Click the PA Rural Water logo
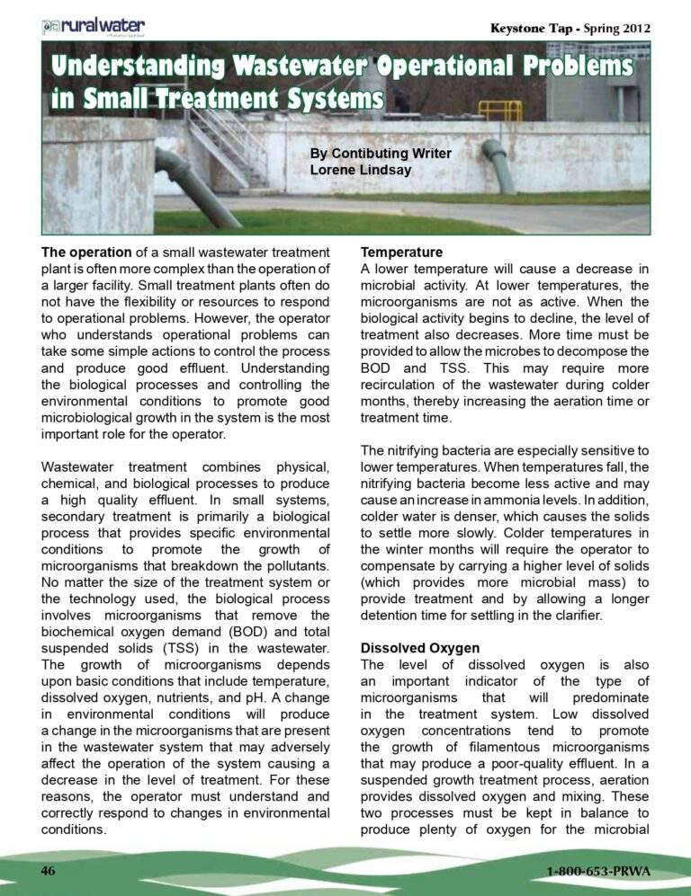[x=93, y=26]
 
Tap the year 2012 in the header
[x=634, y=28]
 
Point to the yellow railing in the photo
[x=499, y=110]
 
